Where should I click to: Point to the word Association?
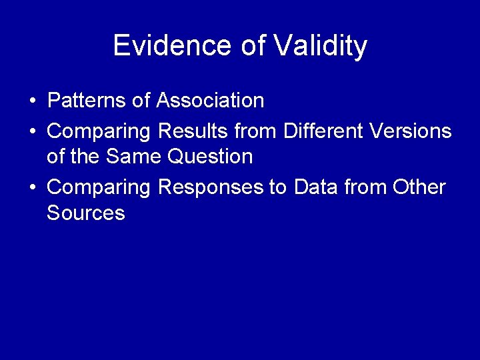coord(210,101)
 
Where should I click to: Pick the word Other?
coord(419,187)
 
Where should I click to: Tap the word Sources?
coord(86,213)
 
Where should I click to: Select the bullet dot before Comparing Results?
coord(32,132)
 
